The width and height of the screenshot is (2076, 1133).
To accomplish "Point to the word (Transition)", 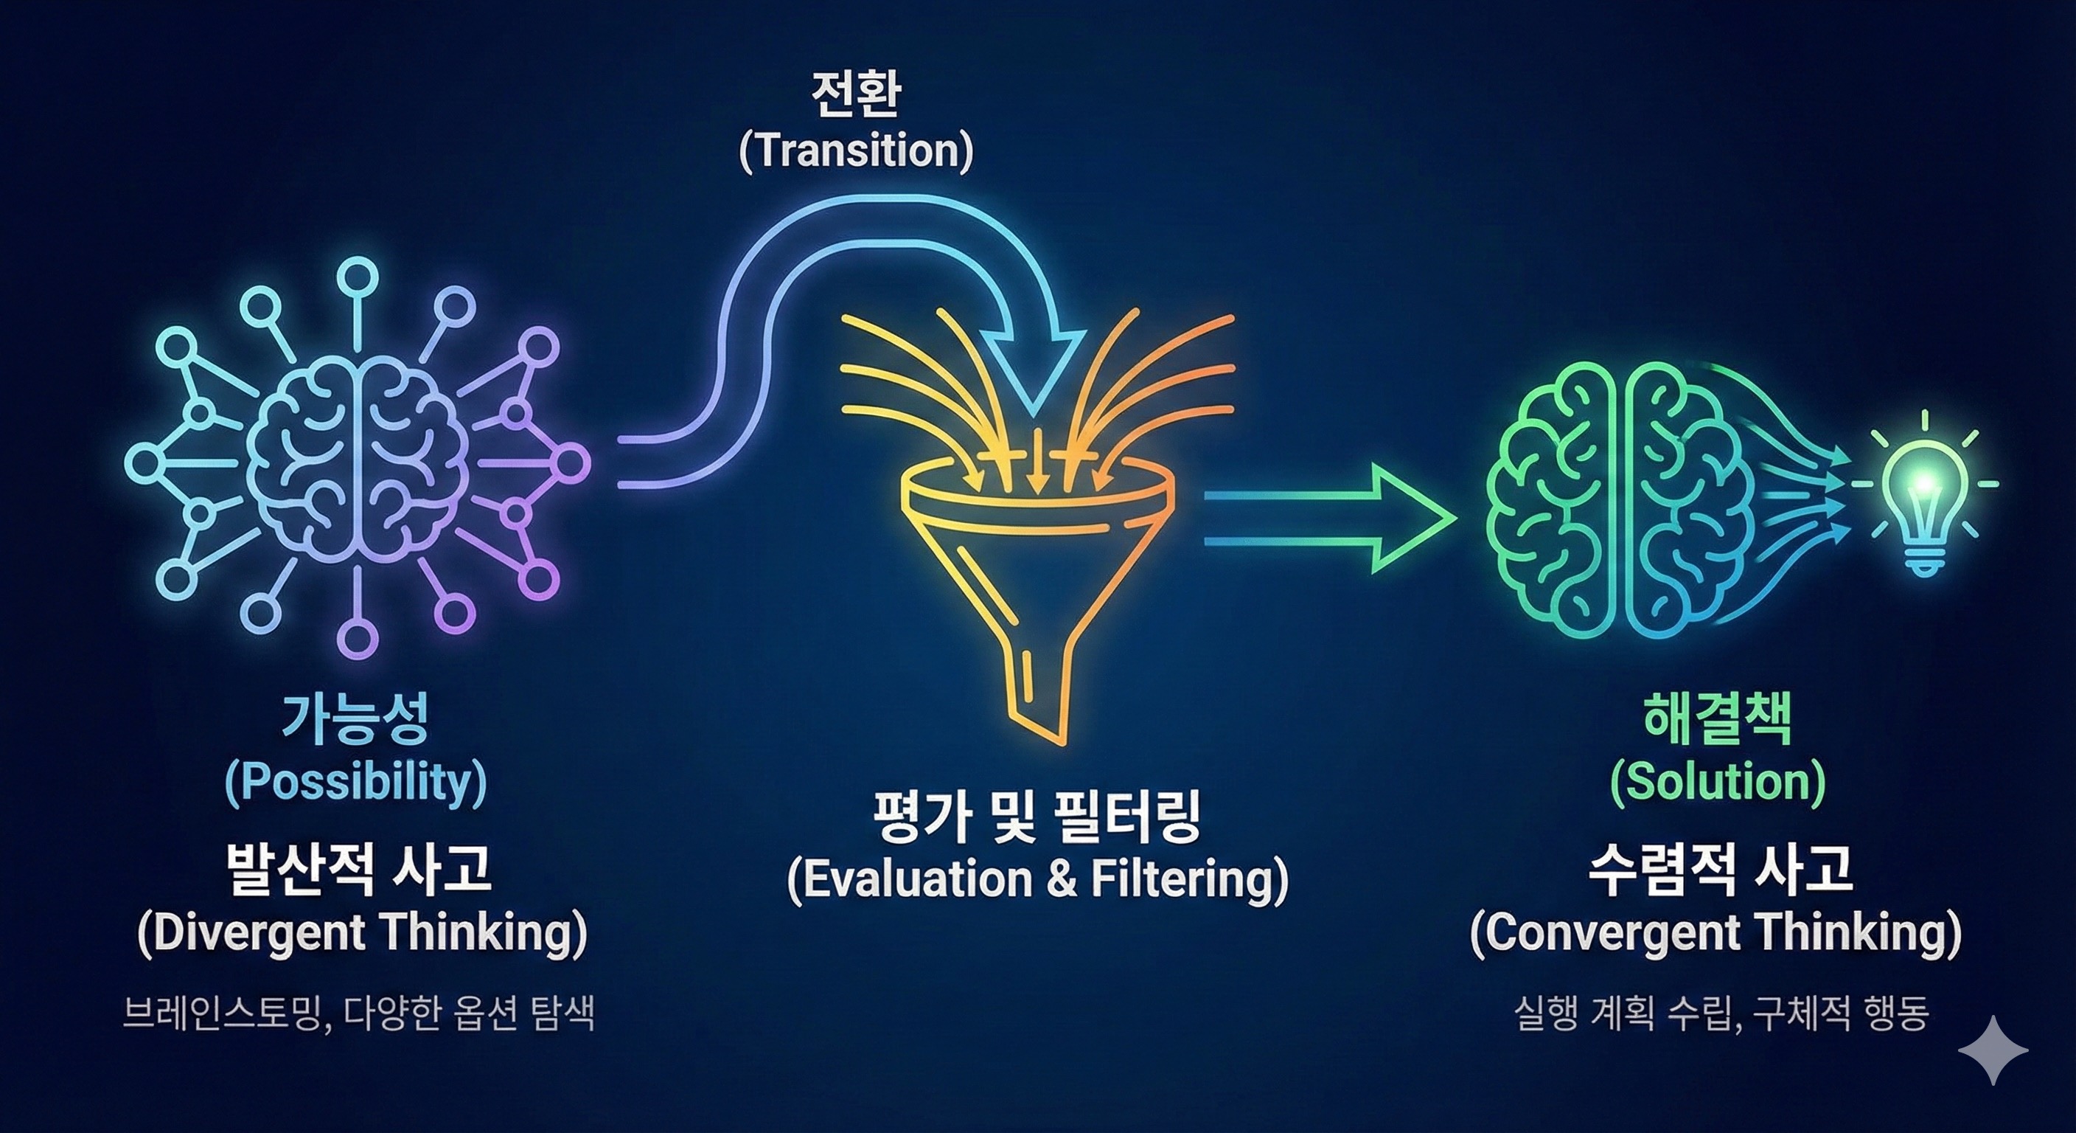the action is pos(856,150).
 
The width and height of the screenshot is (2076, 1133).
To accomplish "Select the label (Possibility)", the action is pos(355,781).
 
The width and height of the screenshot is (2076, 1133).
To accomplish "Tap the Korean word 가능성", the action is pos(355,718).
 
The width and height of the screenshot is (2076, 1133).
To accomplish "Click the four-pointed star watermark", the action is pos(1993,1049).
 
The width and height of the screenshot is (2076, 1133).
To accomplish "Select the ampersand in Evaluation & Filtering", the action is pos(1062,879).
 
